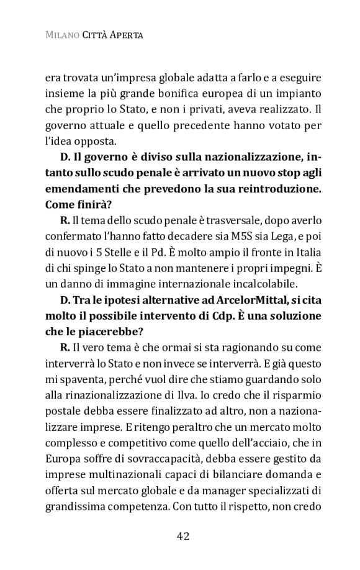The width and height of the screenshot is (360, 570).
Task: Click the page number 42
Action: coord(183,535)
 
